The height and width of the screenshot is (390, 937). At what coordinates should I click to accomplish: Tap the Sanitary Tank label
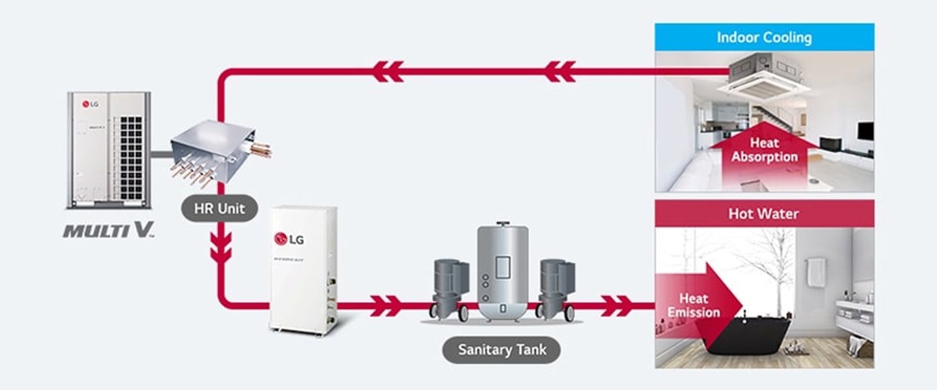pos(501,350)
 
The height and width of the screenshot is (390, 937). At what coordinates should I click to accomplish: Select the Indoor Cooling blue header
pos(764,37)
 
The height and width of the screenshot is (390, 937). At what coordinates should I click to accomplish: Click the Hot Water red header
pos(764,214)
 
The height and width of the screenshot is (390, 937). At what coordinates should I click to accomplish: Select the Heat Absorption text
pos(764,150)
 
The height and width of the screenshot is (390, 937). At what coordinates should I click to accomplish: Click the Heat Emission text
pos(693,305)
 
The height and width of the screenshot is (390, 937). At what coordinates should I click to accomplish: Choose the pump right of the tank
pos(556,286)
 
